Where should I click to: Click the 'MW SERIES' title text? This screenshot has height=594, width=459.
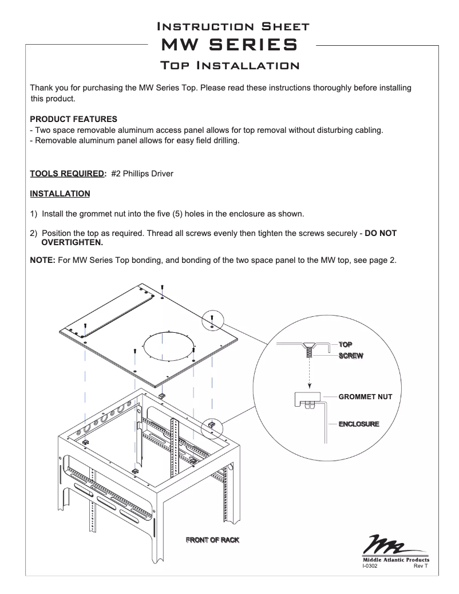tap(230, 45)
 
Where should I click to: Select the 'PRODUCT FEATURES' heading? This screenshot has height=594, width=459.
tap(73, 119)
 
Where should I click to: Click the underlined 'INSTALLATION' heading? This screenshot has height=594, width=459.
tap(60, 194)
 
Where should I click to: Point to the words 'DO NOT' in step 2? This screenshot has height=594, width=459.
tap(381, 234)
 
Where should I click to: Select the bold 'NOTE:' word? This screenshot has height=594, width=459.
tap(42, 260)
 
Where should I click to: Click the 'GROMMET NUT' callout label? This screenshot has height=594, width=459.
tap(365, 396)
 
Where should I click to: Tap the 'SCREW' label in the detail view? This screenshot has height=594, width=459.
tap(351, 356)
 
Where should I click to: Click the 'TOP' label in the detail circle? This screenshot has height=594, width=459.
tap(345, 344)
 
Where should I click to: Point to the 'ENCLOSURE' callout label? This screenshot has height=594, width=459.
tap(359, 424)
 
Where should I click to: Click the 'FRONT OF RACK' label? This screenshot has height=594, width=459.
tap(212, 540)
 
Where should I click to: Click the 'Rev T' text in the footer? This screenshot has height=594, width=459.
tap(421, 566)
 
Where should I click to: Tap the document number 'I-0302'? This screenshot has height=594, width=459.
tap(370, 566)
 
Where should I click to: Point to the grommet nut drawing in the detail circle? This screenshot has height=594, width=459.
tap(307, 399)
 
